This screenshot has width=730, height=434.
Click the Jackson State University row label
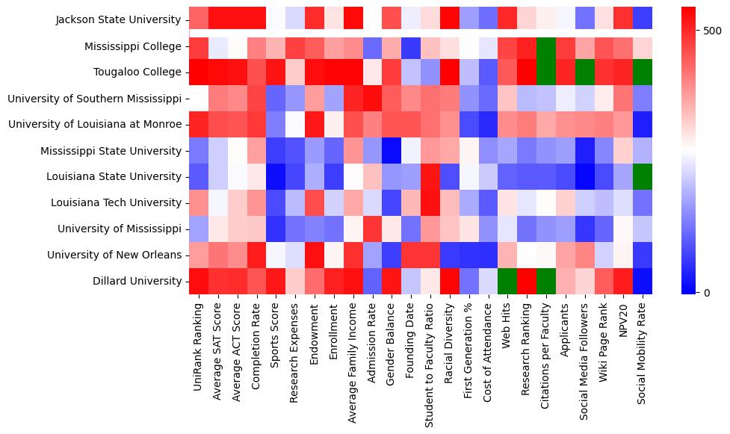(x=118, y=20)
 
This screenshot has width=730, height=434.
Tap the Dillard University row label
(x=132, y=281)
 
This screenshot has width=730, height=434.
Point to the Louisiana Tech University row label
(x=116, y=202)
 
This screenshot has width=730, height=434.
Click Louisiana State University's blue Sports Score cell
(x=276, y=176)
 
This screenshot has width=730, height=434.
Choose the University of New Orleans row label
(x=114, y=255)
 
